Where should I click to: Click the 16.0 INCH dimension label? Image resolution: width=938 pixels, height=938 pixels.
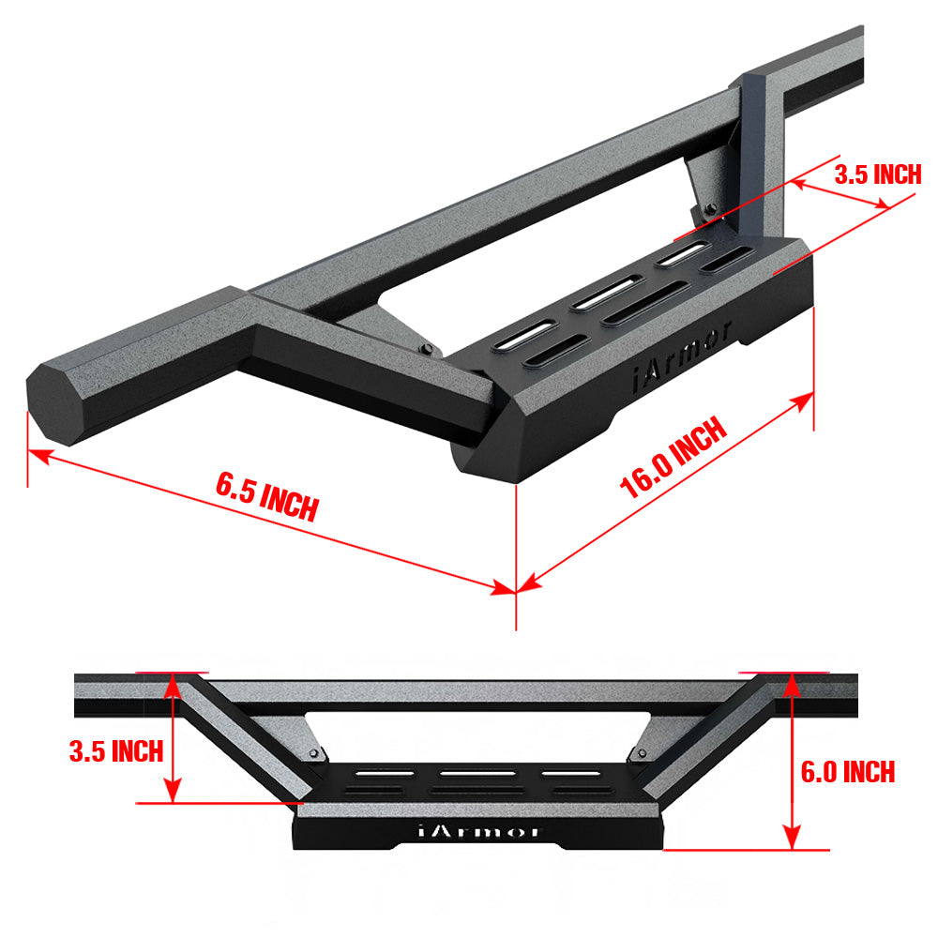pos(673,459)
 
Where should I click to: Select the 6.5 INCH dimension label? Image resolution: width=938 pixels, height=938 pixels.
pos(267,497)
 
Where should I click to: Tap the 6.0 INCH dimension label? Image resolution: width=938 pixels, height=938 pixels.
pos(847,772)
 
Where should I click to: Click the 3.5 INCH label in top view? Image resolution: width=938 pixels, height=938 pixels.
pos(877,174)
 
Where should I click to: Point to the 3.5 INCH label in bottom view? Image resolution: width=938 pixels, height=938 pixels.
pos(116,750)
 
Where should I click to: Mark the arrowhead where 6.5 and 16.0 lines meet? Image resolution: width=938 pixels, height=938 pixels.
pos(514,589)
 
